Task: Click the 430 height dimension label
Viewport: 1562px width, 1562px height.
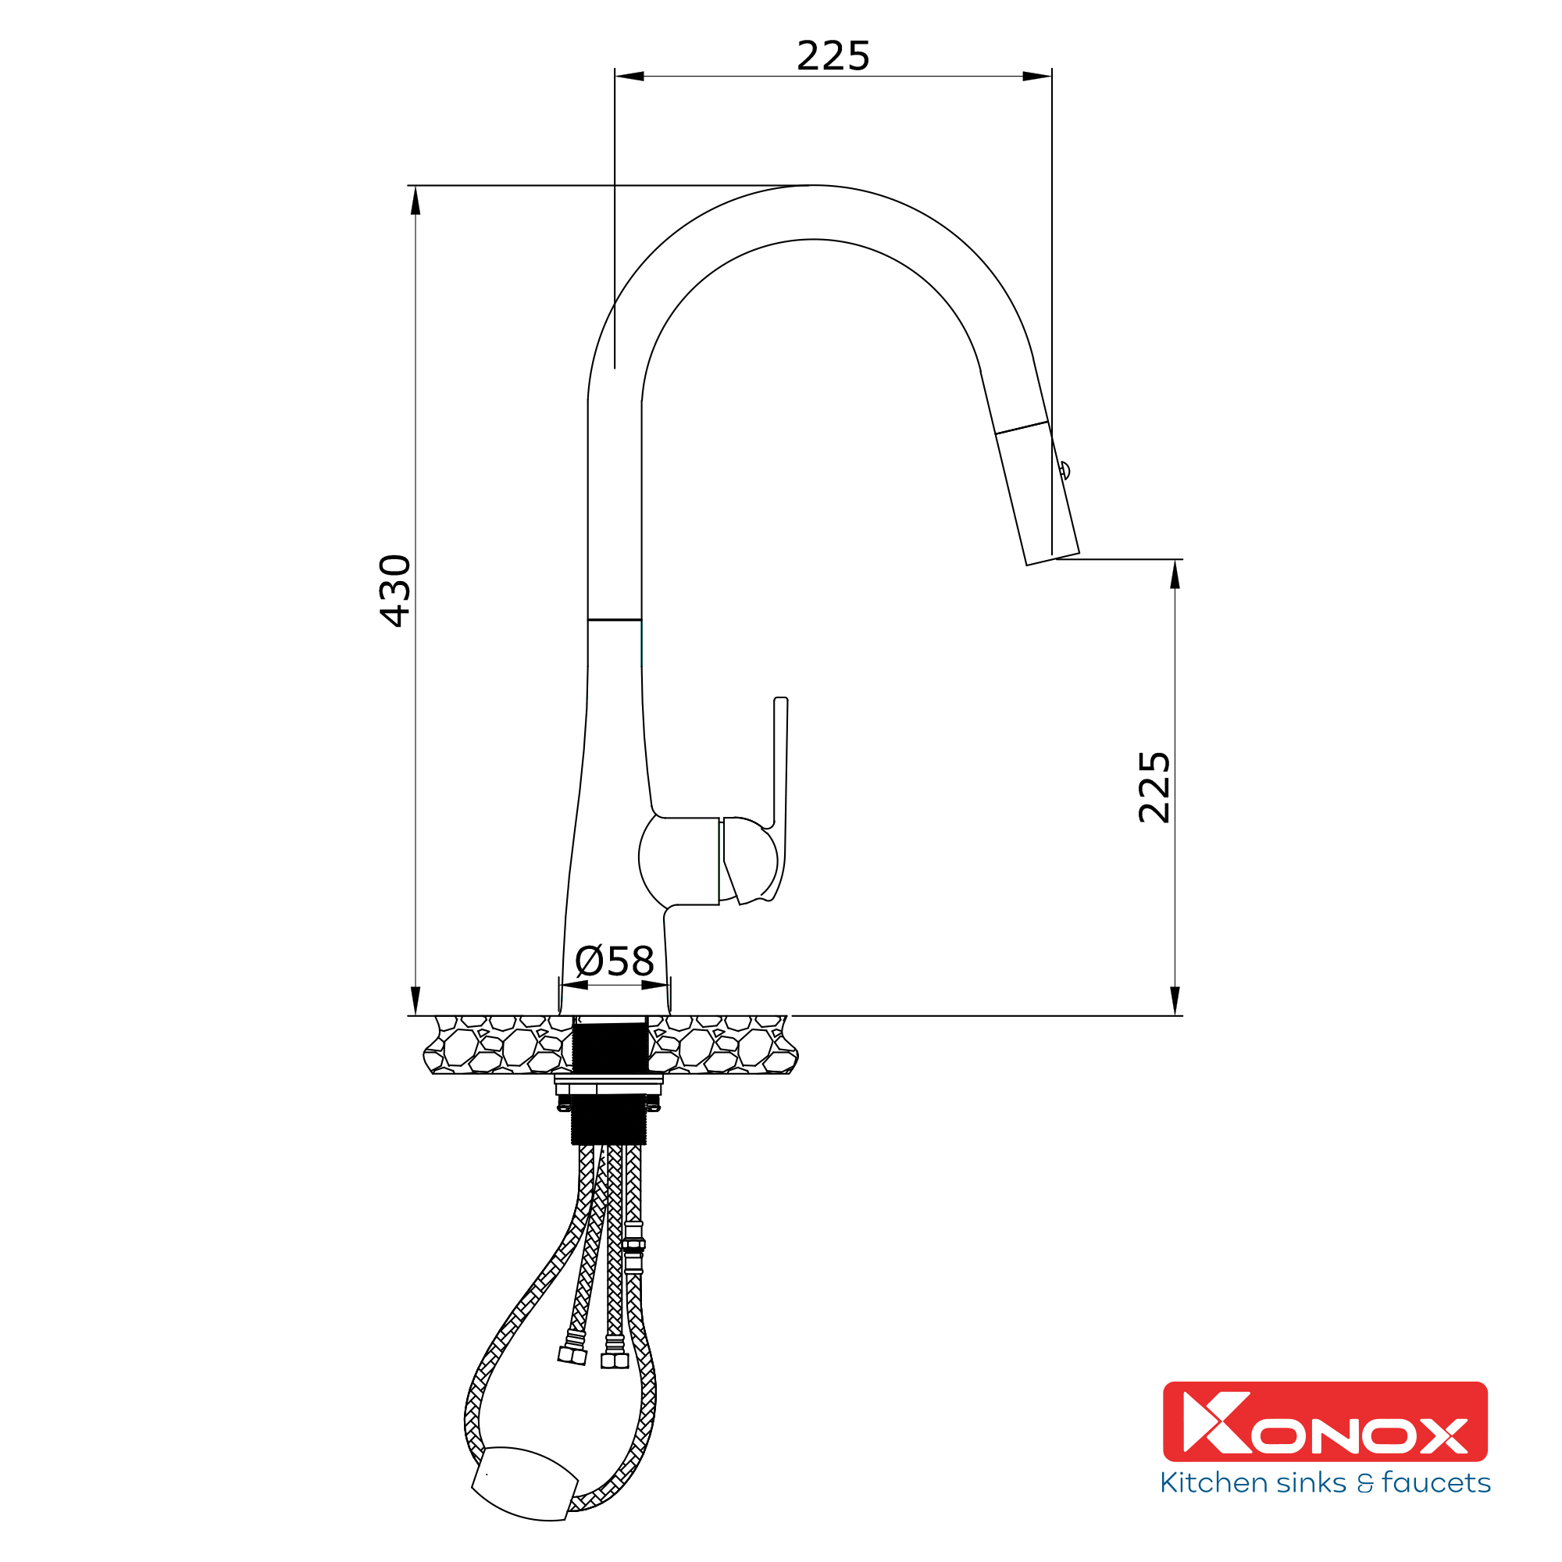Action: point(395,591)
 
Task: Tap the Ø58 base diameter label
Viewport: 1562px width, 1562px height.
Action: point(615,961)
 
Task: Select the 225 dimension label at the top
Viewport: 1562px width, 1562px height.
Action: point(833,55)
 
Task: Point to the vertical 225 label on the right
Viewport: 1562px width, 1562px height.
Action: point(1154,787)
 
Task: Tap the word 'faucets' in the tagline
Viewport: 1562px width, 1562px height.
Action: point(1436,1483)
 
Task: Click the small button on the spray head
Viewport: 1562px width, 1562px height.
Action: point(1065,469)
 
